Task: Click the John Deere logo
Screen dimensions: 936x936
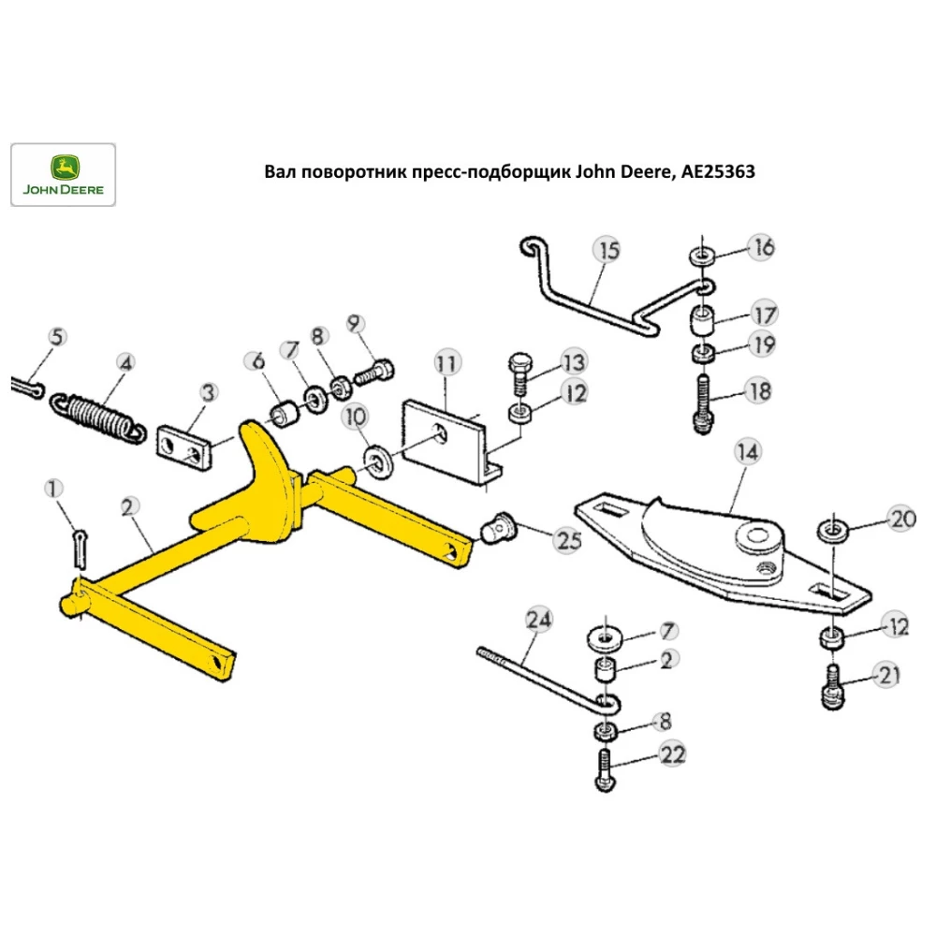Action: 63,175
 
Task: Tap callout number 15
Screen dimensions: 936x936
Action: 607,251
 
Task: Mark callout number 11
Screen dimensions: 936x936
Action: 446,361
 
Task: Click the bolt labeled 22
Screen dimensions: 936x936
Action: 602,772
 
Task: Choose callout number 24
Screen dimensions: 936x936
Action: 539,619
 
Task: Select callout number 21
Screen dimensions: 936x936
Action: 885,674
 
